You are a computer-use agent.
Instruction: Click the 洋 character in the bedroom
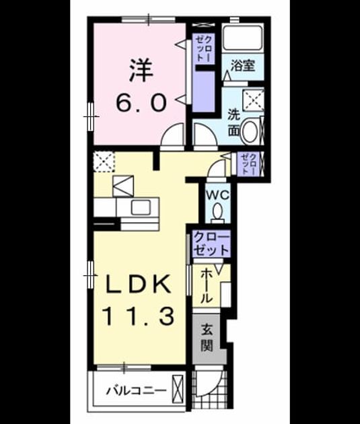click(x=141, y=71)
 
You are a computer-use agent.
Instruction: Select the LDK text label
click(x=138, y=284)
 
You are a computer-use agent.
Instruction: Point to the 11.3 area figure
click(x=139, y=316)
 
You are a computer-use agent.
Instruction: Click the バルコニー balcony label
click(x=136, y=391)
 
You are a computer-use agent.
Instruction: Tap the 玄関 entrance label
click(x=207, y=338)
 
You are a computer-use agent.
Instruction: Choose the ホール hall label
click(x=206, y=285)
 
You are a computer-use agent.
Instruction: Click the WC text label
click(x=218, y=195)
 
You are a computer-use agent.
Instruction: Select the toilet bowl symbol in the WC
click(x=217, y=213)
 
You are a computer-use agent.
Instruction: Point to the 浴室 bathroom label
click(x=243, y=66)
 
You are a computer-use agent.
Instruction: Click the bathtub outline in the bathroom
click(x=242, y=38)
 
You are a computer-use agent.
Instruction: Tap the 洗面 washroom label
click(x=233, y=122)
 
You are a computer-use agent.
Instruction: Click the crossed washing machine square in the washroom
click(x=253, y=100)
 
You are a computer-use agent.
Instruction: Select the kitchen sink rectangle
click(x=141, y=207)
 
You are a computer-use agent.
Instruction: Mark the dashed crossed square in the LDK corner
click(x=104, y=162)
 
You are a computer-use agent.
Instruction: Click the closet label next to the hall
click(x=211, y=244)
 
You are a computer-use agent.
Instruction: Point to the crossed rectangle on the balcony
click(x=178, y=390)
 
